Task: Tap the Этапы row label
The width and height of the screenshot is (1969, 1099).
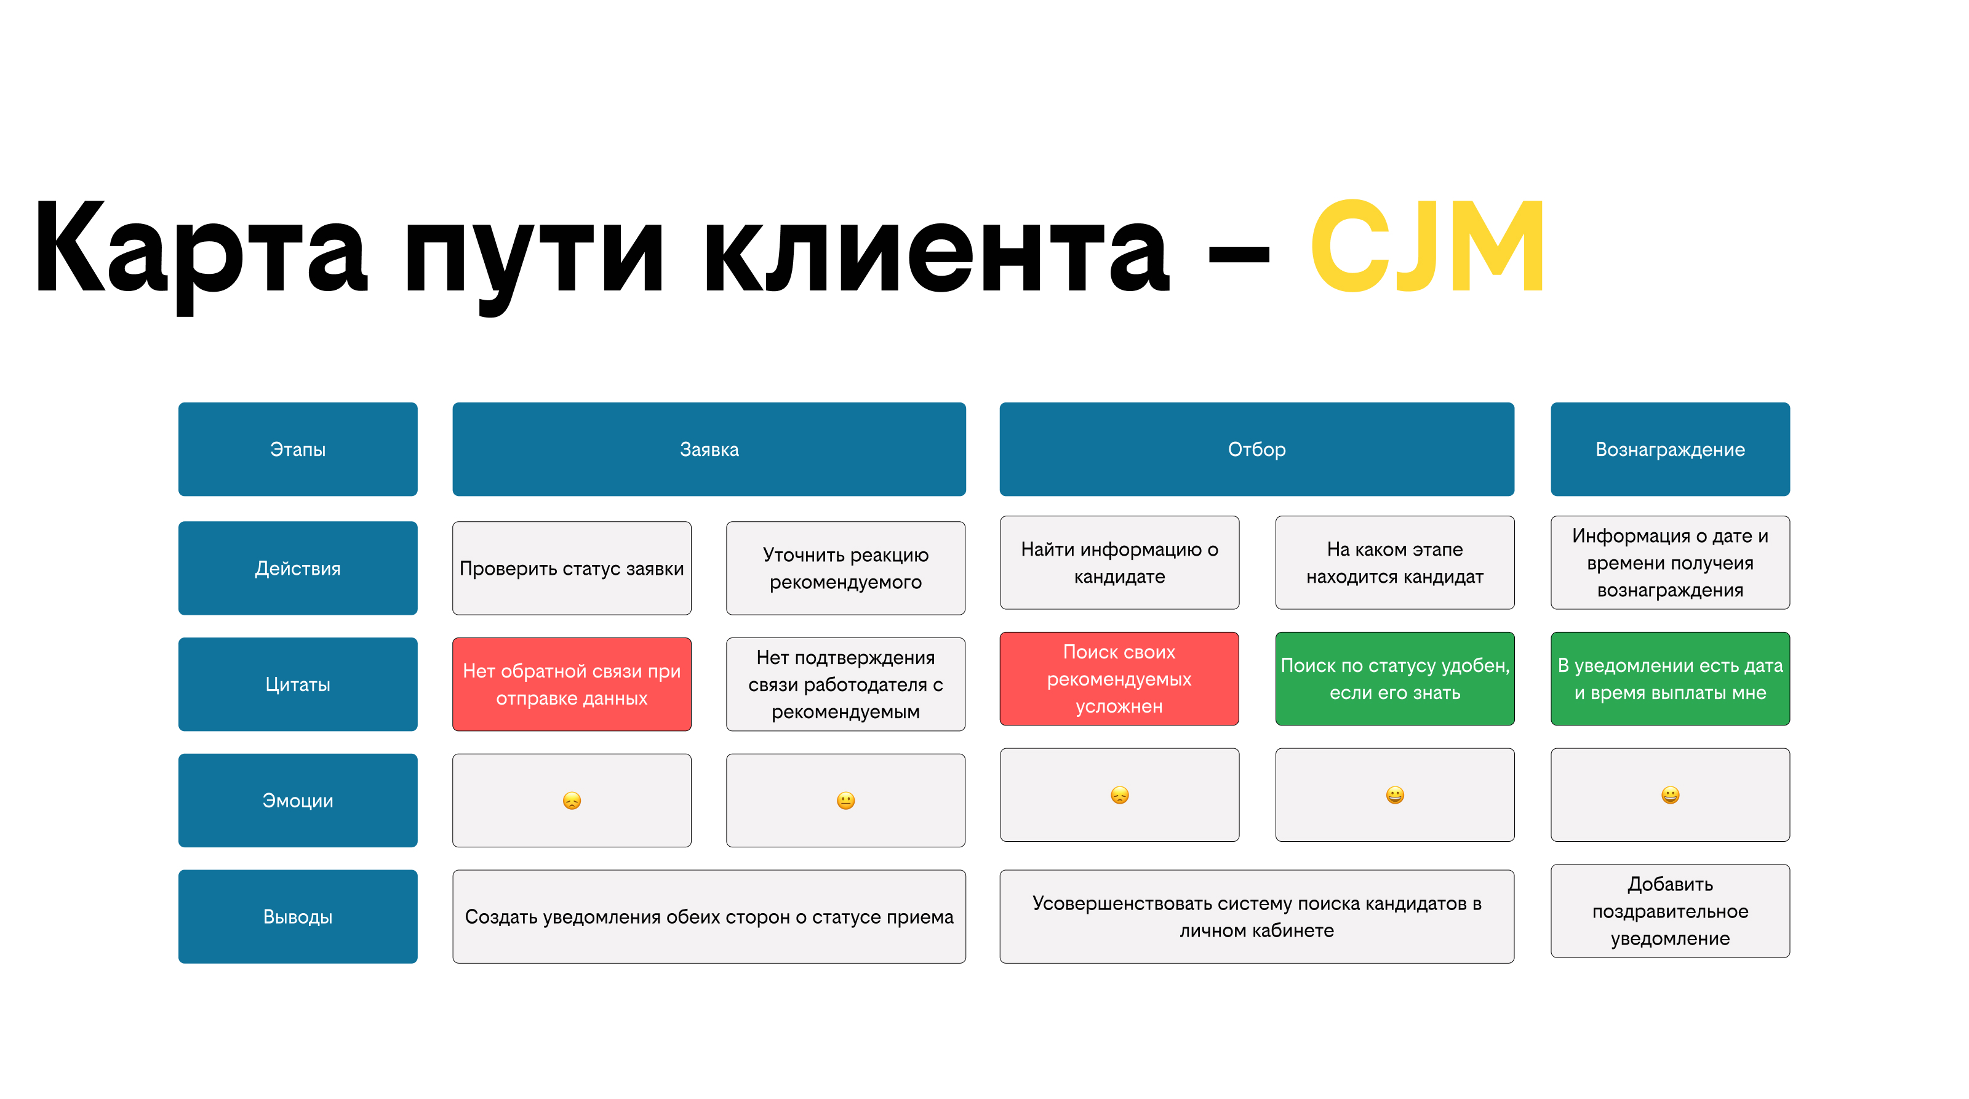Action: pos(297,449)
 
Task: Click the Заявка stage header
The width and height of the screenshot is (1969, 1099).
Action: pos(709,449)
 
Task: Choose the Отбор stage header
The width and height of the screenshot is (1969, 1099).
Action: pos(1256,449)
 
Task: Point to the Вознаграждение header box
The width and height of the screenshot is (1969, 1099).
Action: pos(1669,449)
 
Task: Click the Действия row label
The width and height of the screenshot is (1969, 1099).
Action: pos(297,568)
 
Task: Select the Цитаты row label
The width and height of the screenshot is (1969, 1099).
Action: pos(297,684)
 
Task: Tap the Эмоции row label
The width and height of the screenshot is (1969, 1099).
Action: pos(297,800)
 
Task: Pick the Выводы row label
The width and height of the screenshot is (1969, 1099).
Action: pos(297,916)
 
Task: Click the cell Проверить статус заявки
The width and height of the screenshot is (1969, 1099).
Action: pos(571,568)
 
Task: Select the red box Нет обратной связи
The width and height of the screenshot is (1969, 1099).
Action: pos(571,684)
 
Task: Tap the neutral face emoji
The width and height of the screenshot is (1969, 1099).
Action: pos(845,800)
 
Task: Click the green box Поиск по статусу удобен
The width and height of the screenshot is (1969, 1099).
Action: pos(1394,679)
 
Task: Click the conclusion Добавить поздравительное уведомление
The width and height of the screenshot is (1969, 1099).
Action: pos(1669,911)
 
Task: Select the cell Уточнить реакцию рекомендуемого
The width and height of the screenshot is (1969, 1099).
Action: pos(845,568)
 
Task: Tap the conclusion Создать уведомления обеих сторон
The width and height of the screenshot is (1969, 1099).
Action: pos(709,916)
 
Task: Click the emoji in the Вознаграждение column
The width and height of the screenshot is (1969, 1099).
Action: pos(1670,795)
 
